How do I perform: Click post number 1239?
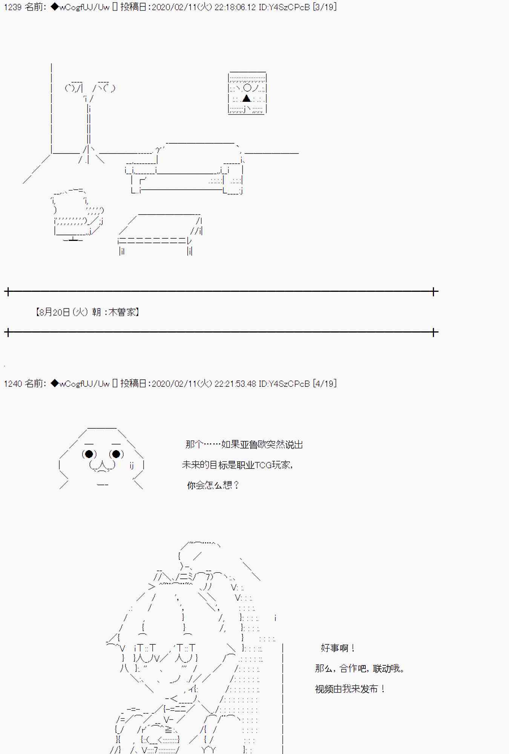click(12, 7)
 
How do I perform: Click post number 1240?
click(12, 383)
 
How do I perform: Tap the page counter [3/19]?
click(325, 7)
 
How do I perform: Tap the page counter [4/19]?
click(325, 383)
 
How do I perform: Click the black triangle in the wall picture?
click(247, 98)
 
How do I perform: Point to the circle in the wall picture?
click(247, 88)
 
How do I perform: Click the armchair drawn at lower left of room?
click(78, 215)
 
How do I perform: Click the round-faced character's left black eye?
click(89, 454)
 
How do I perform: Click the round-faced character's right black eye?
click(116, 454)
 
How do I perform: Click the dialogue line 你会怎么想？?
click(213, 485)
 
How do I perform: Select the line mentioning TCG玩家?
click(238, 465)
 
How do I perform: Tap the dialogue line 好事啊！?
click(337, 648)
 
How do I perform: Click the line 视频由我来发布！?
click(350, 689)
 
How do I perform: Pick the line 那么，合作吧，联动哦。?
click(360, 668)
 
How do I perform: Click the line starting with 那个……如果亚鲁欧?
click(244, 444)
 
